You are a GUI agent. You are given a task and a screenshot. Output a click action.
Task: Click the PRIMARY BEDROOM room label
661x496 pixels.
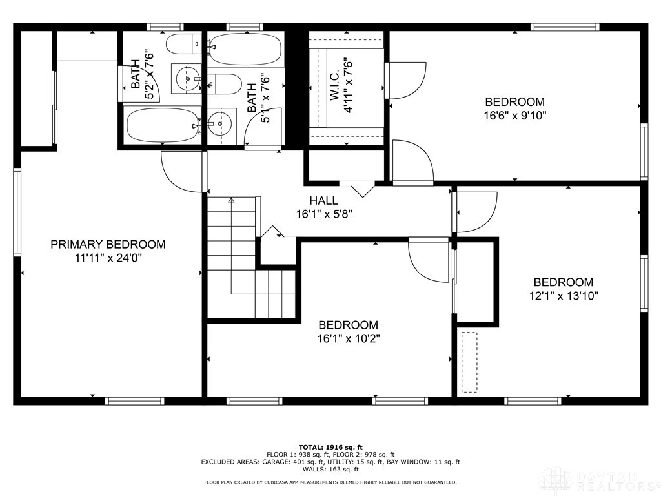click(x=108, y=245)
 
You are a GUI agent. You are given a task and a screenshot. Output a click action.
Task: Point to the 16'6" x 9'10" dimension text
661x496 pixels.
click(x=514, y=116)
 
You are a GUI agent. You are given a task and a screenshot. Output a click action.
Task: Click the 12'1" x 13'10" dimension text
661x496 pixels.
click(x=562, y=296)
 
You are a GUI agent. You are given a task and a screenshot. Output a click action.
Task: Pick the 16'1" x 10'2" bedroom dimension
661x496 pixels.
click(x=348, y=339)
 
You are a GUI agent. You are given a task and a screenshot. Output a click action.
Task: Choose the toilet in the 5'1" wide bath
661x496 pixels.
click(x=223, y=83)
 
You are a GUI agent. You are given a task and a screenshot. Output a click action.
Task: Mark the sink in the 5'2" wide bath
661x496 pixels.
click(x=187, y=78)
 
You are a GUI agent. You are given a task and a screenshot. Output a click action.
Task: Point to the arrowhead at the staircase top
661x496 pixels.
click(x=231, y=201)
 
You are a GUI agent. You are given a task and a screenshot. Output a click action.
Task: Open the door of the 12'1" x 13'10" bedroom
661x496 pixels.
click(x=475, y=212)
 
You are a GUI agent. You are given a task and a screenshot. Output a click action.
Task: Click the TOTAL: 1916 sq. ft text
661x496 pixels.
click(x=330, y=447)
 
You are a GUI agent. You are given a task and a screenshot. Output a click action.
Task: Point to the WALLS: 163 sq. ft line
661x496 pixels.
click(x=330, y=470)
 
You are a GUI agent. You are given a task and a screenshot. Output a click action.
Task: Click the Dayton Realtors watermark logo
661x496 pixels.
click(x=598, y=480)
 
